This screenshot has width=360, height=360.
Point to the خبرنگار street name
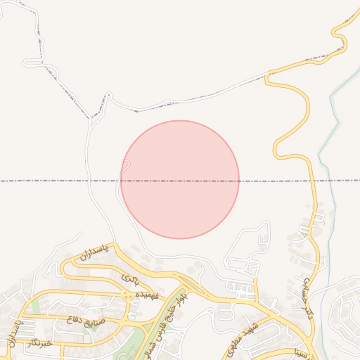tap(39, 343)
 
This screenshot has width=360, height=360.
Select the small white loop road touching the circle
tap(125, 166)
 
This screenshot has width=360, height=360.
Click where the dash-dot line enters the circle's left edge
tap(120, 181)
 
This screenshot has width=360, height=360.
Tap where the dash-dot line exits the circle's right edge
tap(239, 181)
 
